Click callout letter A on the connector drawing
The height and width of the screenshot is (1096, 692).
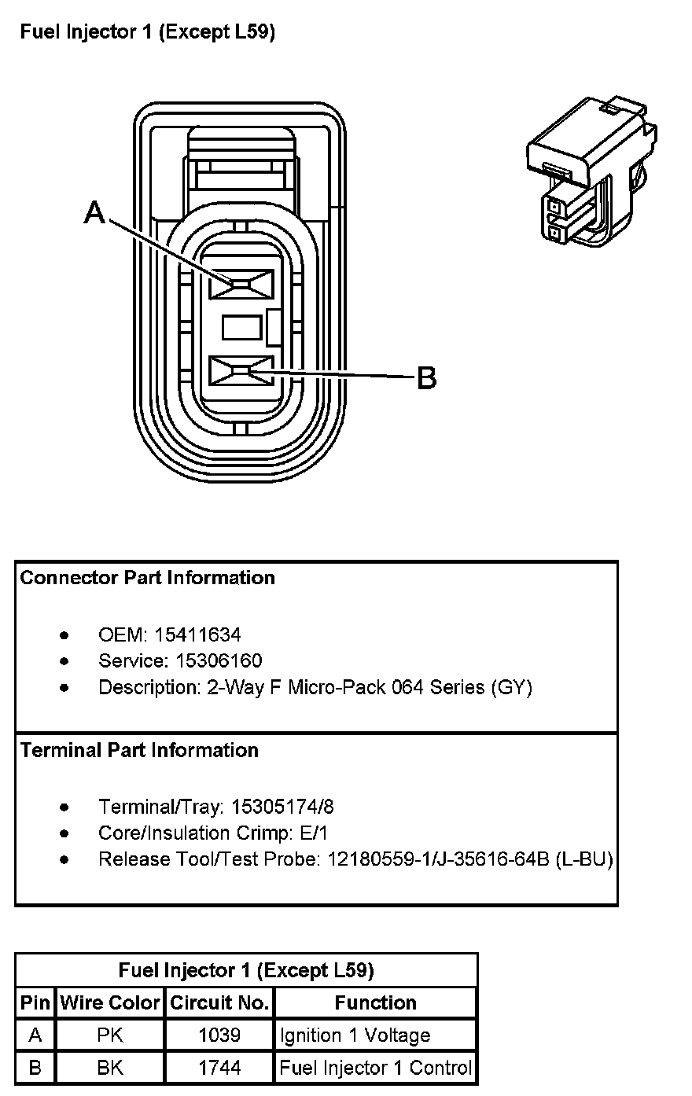point(94,211)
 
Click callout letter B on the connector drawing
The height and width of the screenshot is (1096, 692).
point(425,378)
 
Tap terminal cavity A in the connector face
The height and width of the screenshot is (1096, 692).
point(240,284)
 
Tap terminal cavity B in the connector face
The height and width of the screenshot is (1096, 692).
point(240,370)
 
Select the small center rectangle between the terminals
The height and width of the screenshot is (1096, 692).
point(241,327)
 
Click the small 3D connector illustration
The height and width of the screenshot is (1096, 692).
point(591,173)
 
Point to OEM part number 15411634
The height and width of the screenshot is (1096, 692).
point(197,634)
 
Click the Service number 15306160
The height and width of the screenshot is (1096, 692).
point(208,660)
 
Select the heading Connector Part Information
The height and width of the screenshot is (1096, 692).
point(148,578)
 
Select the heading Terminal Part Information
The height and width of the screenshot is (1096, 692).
point(139,750)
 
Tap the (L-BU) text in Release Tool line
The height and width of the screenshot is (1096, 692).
point(583,859)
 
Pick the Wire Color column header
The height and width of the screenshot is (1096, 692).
point(110,1002)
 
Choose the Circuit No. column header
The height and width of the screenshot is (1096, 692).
point(220,1002)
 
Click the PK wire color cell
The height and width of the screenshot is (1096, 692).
point(110,1035)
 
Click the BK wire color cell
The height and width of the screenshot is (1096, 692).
point(110,1068)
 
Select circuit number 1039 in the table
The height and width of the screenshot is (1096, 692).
point(220,1035)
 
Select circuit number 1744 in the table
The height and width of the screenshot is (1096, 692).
point(220,1068)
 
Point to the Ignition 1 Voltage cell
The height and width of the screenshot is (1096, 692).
point(355,1035)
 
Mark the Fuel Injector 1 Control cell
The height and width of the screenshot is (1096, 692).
point(376,1068)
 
